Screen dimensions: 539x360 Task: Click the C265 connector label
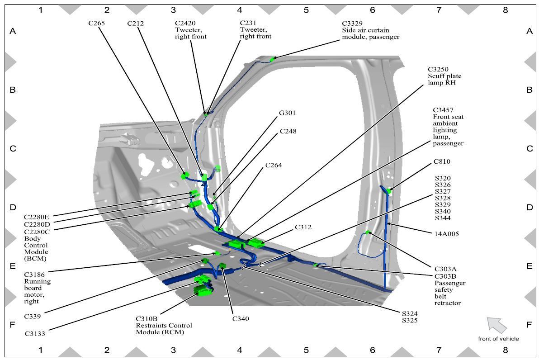97,24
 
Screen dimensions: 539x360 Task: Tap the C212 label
136,24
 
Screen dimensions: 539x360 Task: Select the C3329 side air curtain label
371,30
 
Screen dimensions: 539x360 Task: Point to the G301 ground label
287,113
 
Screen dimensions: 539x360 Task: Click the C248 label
288,131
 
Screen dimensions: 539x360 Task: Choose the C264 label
274,165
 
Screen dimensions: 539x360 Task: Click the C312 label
303,227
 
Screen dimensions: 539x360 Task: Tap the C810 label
442,161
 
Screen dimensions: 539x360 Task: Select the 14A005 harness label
447,234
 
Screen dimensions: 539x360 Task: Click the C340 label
241,319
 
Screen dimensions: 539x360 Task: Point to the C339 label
32,316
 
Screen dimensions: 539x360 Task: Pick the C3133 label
35,333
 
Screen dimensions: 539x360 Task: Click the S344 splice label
443,218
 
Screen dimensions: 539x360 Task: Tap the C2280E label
37,217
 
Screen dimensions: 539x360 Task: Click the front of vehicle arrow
496,325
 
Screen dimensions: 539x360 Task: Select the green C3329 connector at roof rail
273,59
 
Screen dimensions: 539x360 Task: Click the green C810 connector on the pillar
389,190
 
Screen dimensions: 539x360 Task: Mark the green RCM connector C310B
203,292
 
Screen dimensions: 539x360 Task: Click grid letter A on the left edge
13,31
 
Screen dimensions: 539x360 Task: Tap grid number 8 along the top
506,10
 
